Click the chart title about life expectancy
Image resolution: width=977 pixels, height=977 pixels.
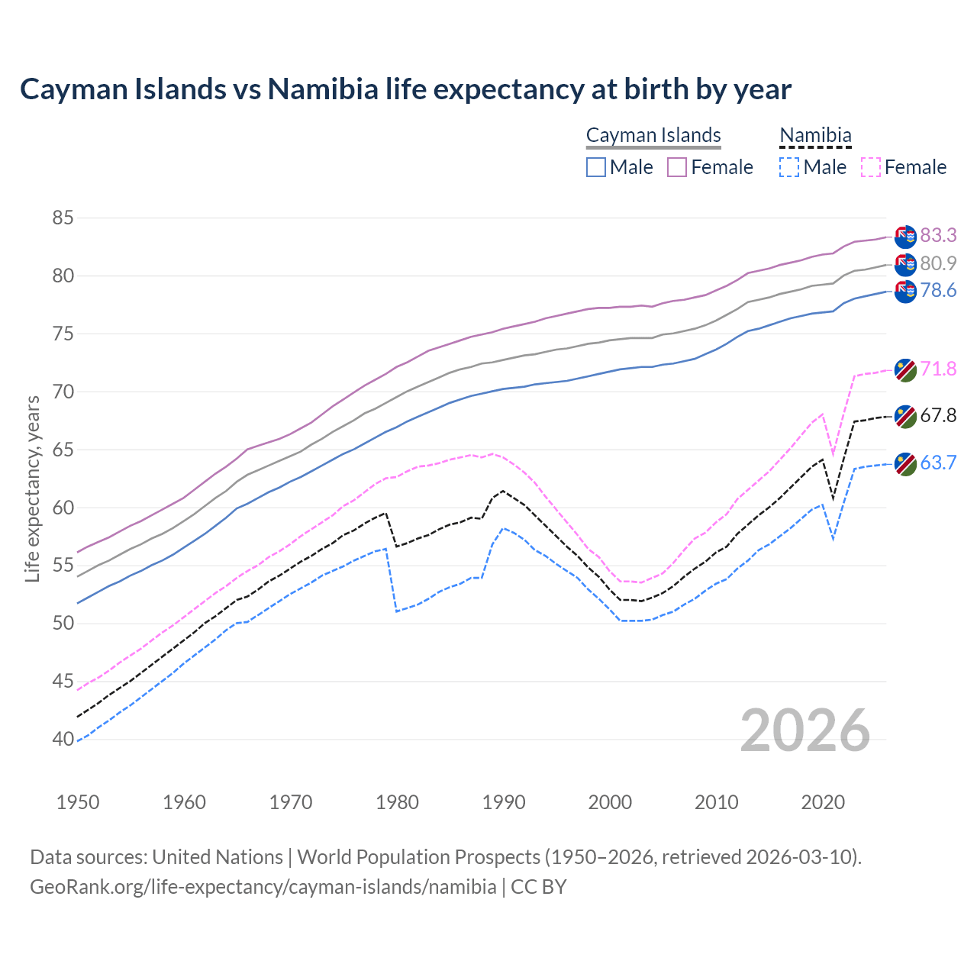tap(405, 89)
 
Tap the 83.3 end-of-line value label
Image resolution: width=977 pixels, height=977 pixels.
tap(938, 235)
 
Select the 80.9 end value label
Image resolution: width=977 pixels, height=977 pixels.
tap(938, 263)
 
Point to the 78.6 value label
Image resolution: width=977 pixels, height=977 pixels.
tap(938, 291)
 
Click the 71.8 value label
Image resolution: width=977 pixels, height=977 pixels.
tap(938, 369)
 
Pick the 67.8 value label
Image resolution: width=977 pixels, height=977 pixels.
tap(938, 416)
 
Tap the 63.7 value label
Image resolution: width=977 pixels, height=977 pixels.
tap(938, 463)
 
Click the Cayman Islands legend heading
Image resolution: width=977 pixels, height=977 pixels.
tap(653, 135)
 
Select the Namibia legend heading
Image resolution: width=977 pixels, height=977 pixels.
tap(815, 135)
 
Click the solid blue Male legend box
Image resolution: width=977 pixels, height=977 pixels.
tap(596, 167)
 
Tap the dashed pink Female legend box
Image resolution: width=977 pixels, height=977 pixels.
tap(871, 167)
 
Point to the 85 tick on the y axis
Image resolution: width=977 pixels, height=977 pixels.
tap(63, 218)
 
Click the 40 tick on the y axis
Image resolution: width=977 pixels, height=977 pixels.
tap(63, 739)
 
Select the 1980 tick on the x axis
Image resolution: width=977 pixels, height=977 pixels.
tap(398, 802)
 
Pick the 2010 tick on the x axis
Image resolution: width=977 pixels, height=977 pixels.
tap(716, 802)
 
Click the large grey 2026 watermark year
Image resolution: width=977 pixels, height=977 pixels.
tap(804, 730)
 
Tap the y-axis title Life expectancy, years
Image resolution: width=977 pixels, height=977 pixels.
tap(32, 488)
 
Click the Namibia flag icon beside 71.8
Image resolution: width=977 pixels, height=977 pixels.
tap(905, 370)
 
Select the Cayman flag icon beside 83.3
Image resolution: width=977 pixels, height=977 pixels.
tap(905, 237)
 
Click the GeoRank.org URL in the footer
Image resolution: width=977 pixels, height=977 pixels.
tap(263, 887)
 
